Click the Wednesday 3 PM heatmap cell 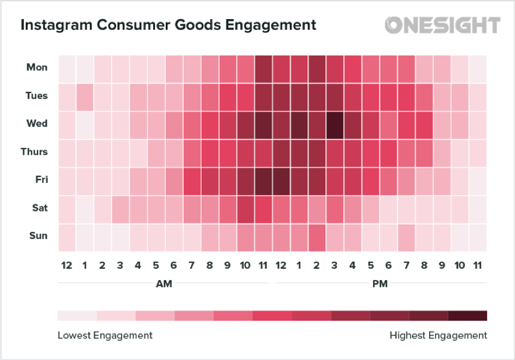[x=335, y=124]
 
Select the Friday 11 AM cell [x=263, y=180]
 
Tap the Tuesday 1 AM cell [x=85, y=96]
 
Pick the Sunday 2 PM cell [x=317, y=236]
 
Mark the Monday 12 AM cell [x=67, y=67]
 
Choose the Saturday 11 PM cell [x=478, y=208]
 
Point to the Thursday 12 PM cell [x=281, y=152]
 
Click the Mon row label [x=37, y=67]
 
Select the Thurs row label [x=35, y=152]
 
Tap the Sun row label [x=38, y=236]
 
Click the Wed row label [x=37, y=124]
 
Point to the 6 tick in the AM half [x=174, y=265]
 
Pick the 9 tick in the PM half [x=442, y=265]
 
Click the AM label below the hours [x=164, y=284]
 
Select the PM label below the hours [x=379, y=284]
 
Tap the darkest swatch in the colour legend [x=467, y=315]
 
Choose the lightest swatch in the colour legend [x=77, y=315]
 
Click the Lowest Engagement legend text [x=105, y=336]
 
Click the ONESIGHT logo [x=442, y=25]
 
